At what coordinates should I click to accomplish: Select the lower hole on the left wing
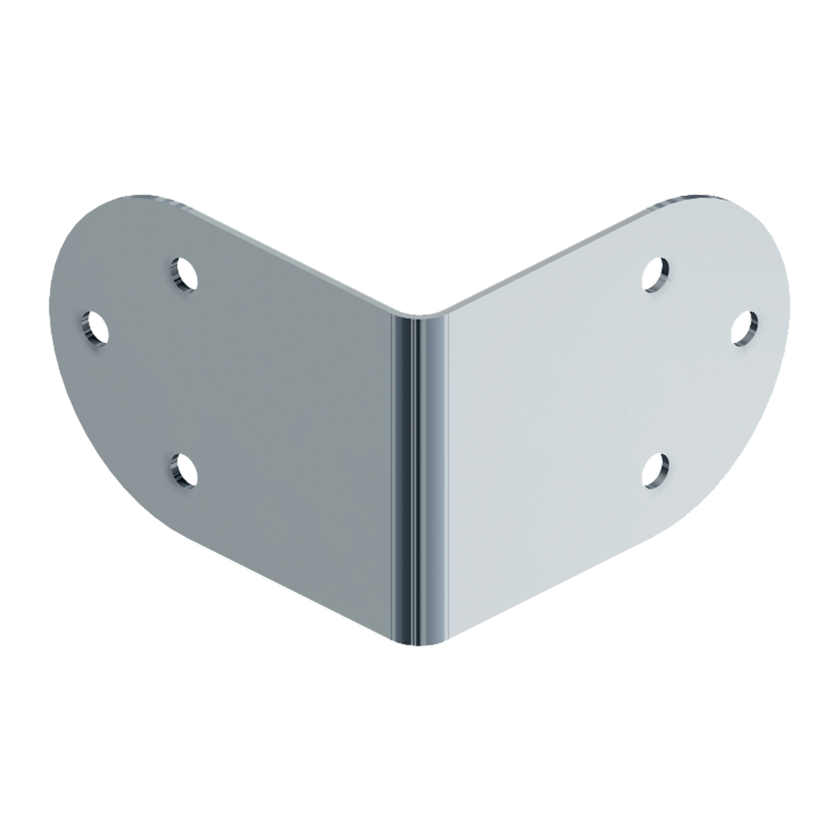[x=184, y=470]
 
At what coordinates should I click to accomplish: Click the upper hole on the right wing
[x=656, y=274]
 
